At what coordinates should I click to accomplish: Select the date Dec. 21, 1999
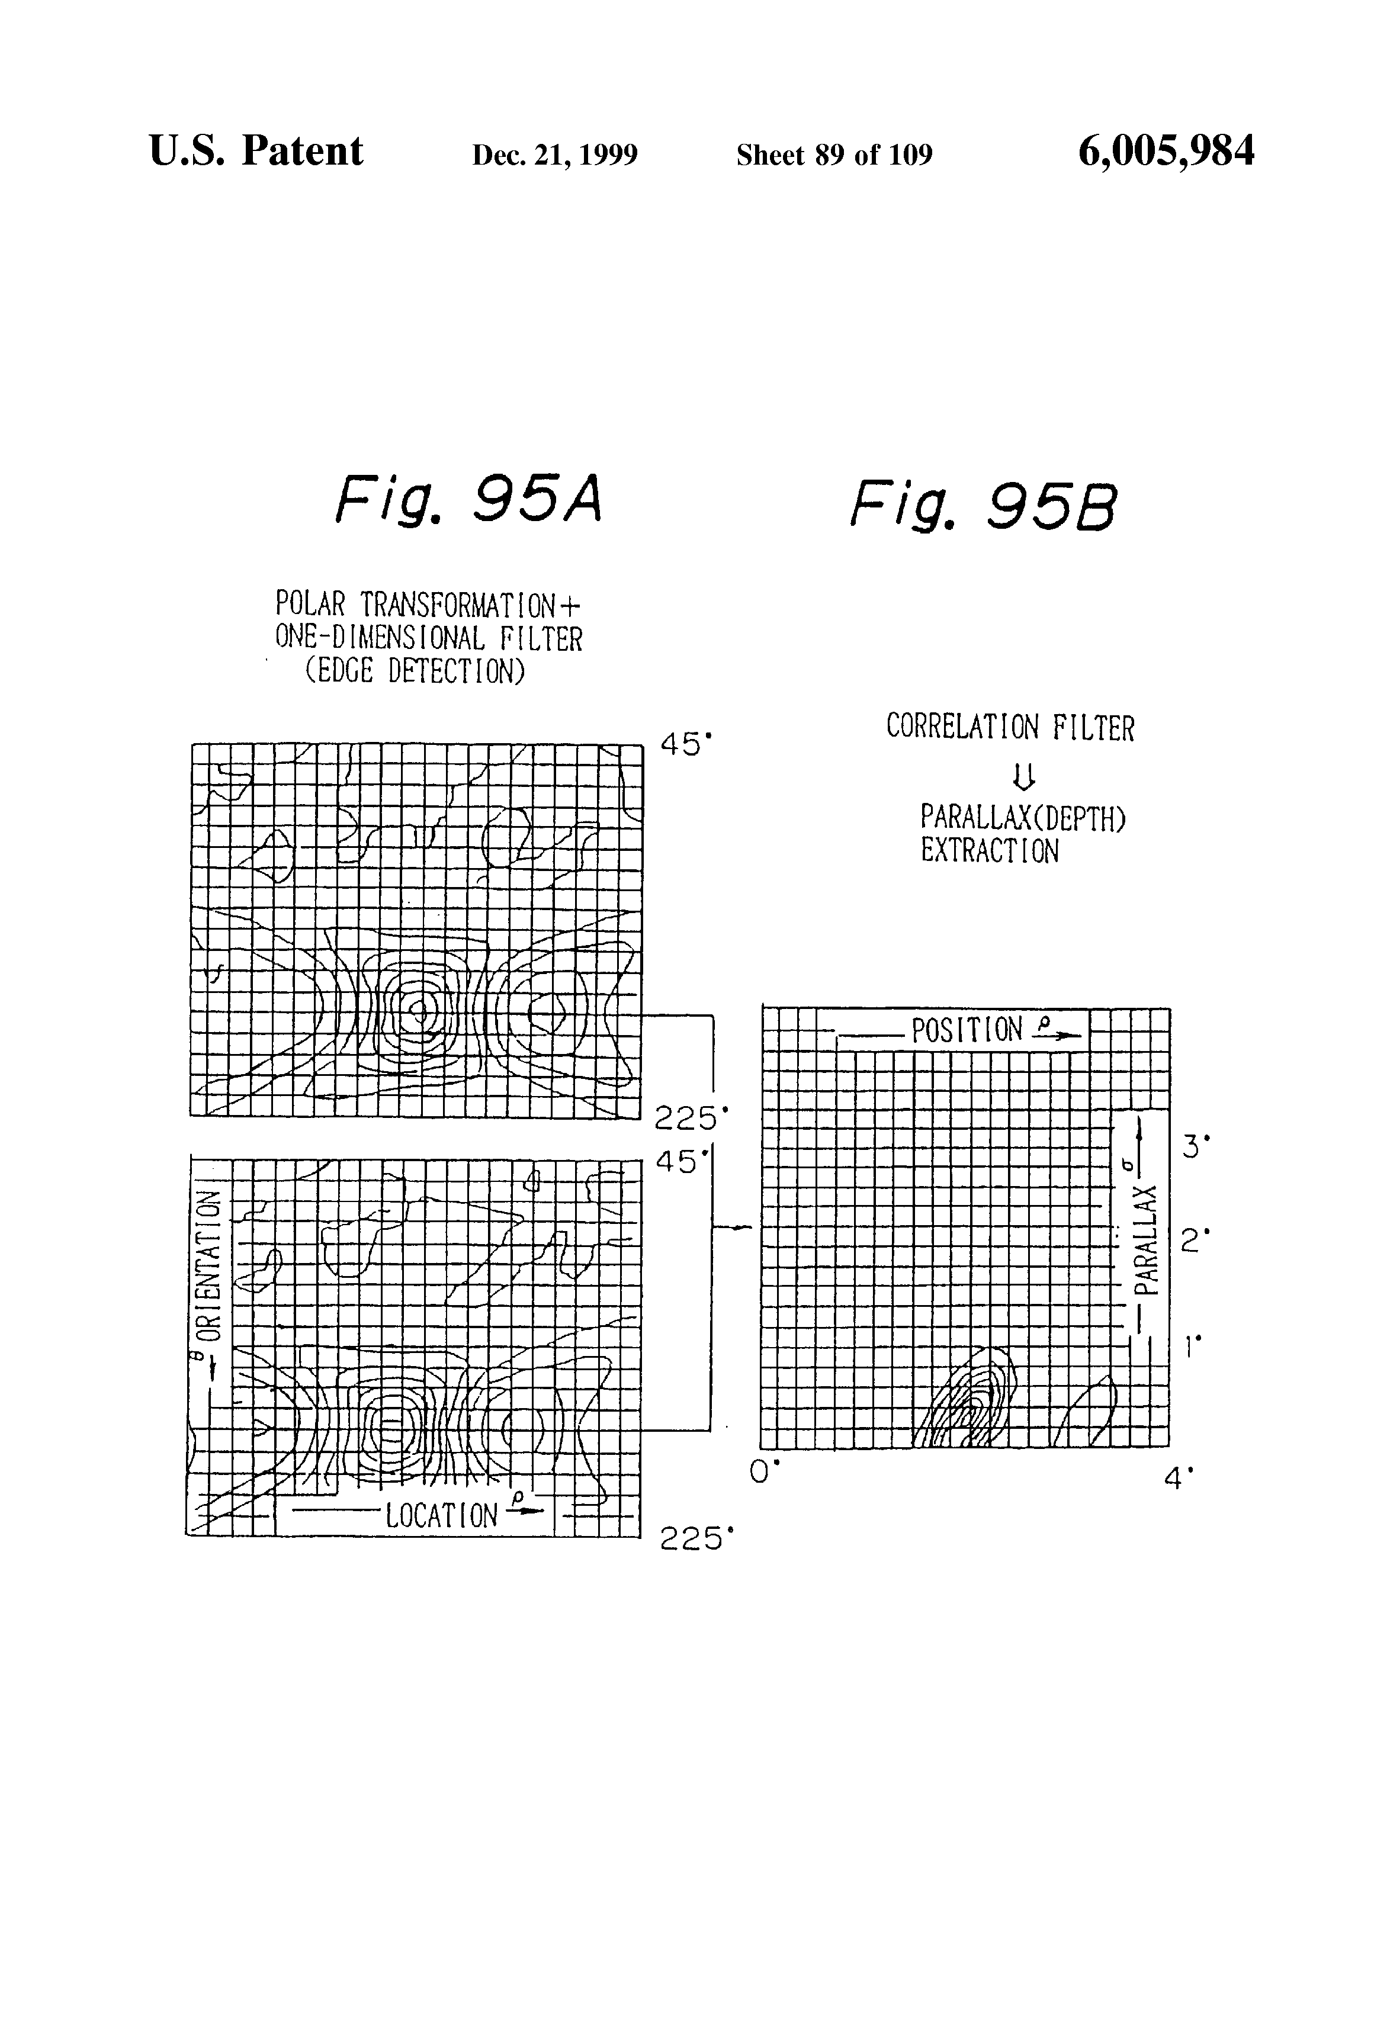pyautogui.click(x=554, y=155)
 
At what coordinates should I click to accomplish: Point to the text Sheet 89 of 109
pyautogui.click(x=834, y=155)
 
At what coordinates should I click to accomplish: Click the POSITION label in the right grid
pyautogui.click(x=967, y=1031)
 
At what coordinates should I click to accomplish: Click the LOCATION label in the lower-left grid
pyautogui.click(x=441, y=1515)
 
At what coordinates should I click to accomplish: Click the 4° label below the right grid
pyautogui.click(x=1179, y=1477)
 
